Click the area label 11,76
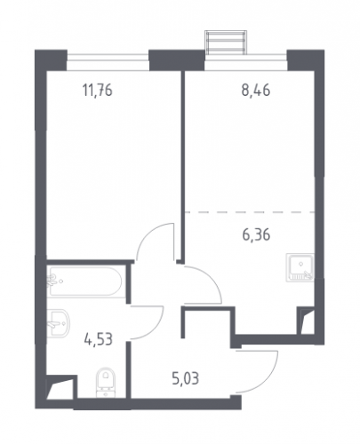pyautogui.click(x=98, y=91)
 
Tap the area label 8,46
pyautogui.click(x=256, y=91)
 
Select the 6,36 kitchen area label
pyautogui.click(x=256, y=235)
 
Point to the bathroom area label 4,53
pyautogui.click(x=98, y=339)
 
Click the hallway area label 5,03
pyautogui.click(x=186, y=378)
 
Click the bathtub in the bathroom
pyautogui.click(x=84, y=281)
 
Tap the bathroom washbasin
pyautogui.click(x=59, y=323)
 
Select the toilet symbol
pyautogui.click(x=106, y=383)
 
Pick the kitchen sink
pyautogui.click(x=300, y=267)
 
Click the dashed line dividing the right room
pyautogui.click(x=250, y=212)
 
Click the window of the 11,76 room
pyautogui.click(x=108, y=61)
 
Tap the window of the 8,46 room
pyautogui.click(x=246, y=61)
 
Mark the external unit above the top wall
pyautogui.click(x=226, y=43)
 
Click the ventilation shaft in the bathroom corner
pyautogui.click(x=61, y=387)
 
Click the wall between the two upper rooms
pyautogui.click(x=183, y=167)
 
